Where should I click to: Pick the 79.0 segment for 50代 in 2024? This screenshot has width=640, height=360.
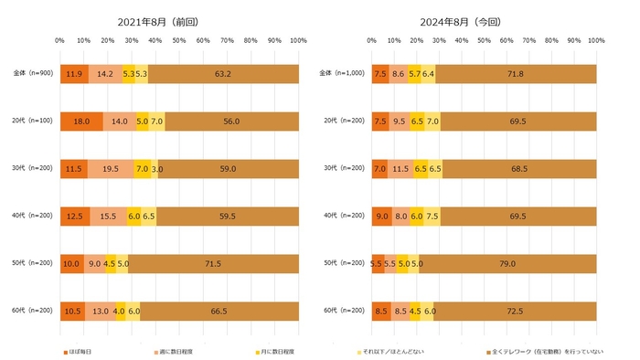pyautogui.click(x=507, y=263)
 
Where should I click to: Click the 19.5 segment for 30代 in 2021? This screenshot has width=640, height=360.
pyautogui.click(x=111, y=169)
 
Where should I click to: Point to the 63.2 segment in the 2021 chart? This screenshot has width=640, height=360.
pyautogui.click(x=222, y=74)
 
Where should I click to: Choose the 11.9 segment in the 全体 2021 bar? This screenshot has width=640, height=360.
pyautogui.click(x=74, y=74)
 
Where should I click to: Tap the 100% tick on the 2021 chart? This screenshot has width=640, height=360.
pyautogui.click(x=298, y=41)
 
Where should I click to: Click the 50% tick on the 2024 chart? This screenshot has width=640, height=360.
pyautogui.click(x=485, y=41)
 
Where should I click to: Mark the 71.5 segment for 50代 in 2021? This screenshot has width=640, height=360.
pyautogui.click(x=213, y=263)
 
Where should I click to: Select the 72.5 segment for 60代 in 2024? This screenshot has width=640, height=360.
pyautogui.click(x=515, y=311)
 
